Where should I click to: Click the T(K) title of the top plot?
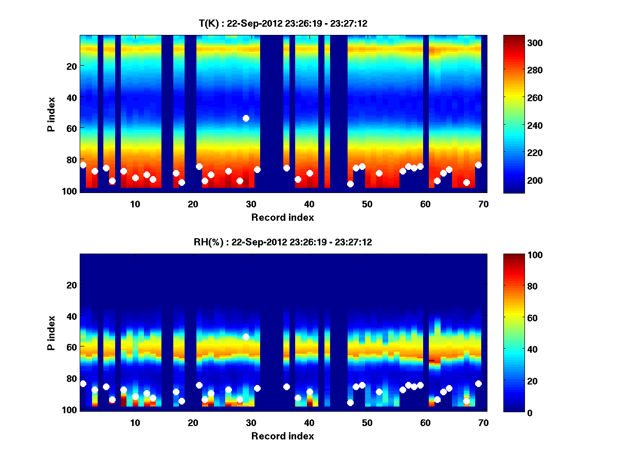click(282, 23)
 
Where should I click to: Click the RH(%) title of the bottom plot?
click(282, 242)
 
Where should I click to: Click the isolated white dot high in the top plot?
click(246, 118)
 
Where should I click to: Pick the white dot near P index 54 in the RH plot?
click(246, 337)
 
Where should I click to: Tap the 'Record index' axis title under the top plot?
click(282, 218)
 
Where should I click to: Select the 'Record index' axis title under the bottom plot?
click(282, 436)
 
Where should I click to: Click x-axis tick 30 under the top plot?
click(251, 204)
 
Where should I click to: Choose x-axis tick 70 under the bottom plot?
click(483, 422)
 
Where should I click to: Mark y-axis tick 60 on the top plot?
click(71, 128)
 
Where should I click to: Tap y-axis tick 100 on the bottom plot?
click(69, 410)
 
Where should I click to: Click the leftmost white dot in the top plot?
click(83, 165)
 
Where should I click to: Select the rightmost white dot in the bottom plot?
click(478, 383)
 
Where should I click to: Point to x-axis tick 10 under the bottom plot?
click(135, 422)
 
